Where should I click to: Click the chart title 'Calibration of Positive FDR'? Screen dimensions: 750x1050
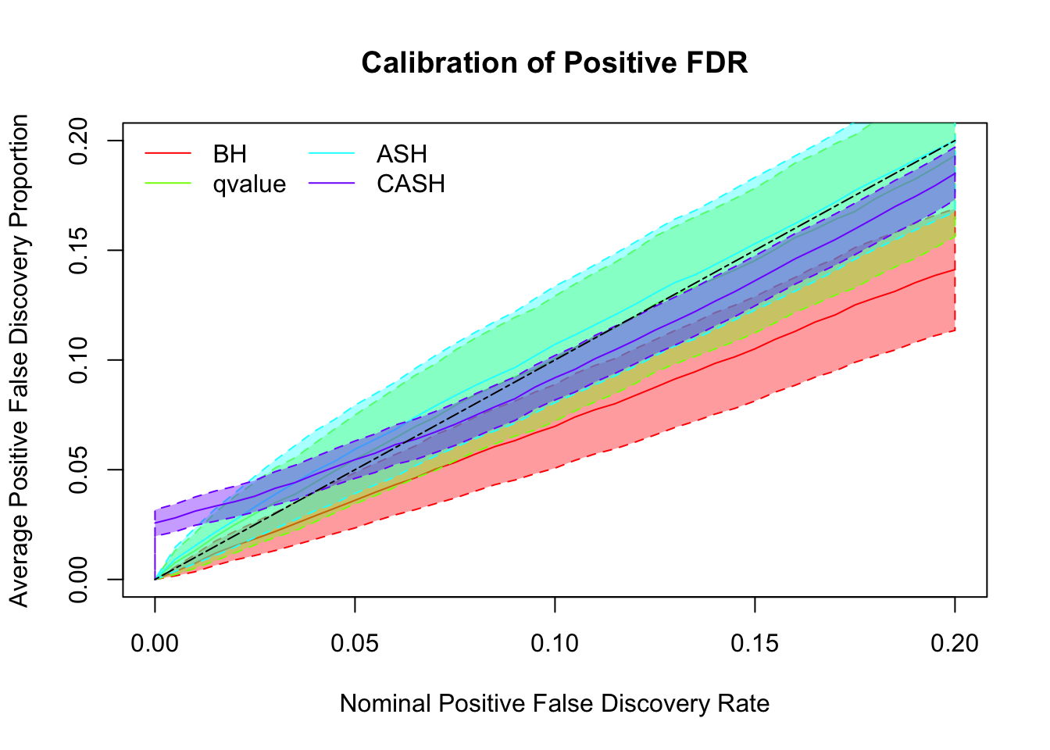point(555,63)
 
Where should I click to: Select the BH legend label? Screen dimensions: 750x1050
point(230,154)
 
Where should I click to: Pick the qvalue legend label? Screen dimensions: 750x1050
point(249,184)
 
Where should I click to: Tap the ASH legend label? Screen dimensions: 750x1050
point(402,154)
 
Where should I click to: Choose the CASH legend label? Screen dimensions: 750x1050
point(411,184)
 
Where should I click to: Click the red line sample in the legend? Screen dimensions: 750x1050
point(168,154)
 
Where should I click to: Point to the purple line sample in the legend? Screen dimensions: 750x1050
point(332,184)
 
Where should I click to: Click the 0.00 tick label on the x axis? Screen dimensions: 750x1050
point(155,644)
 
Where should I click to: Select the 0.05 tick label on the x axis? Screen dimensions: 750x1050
point(355,644)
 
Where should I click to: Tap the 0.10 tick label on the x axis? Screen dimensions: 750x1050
point(555,644)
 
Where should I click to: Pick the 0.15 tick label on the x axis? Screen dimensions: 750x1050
point(755,644)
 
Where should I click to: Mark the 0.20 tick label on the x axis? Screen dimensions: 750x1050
point(955,644)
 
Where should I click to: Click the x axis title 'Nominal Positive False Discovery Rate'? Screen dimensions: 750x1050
point(555,704)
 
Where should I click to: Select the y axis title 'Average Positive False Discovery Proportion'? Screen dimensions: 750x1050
point(20,360)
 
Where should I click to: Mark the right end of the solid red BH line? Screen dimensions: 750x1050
point(955,270)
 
